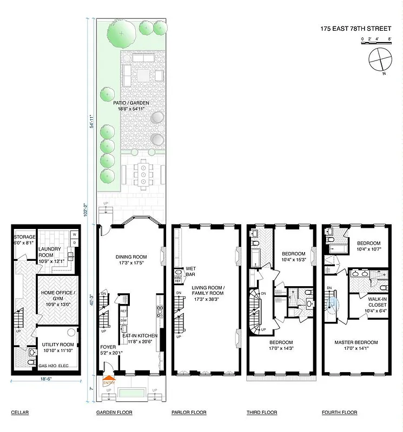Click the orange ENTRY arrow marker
point(109,381)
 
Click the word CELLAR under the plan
point(19,413)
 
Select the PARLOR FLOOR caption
point(189,413)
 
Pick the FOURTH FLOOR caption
point(339,413)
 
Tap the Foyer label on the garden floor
point(107,350)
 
